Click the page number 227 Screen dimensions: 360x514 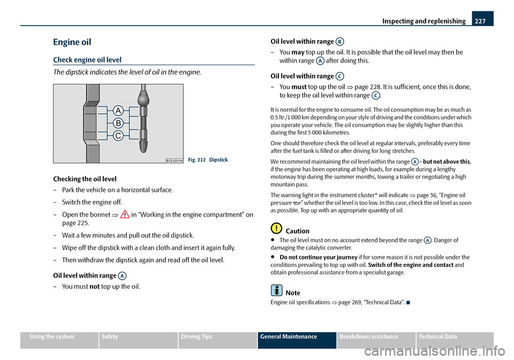[x=480, y=21]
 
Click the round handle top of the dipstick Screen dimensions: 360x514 [x=143, y=98]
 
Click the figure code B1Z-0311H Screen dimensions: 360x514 [x=175, y=160]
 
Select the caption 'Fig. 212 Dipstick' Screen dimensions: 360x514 [x=208, y=160]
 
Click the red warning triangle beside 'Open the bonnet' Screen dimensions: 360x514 [x=125, y=215]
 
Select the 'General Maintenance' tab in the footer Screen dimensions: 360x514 [x=297, y=337]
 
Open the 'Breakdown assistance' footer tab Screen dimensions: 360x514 [x=369, y=337]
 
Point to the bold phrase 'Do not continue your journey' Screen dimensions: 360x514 [x=318, y=257]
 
